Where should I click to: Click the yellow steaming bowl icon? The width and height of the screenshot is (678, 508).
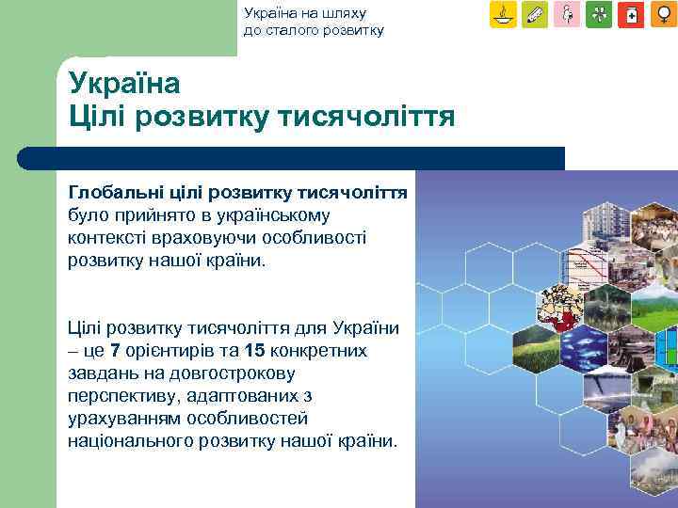click(x=504, y=15)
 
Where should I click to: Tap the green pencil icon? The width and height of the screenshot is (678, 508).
click(x=536, y=15)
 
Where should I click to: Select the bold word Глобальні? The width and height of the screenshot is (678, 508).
click(x=112, y=192)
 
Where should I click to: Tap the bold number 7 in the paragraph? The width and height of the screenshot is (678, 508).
click(x=115, y=351)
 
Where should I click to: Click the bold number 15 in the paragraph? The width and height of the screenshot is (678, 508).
click(x=253, y=351)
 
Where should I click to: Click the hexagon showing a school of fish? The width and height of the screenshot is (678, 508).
click(x=585, y=349)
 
